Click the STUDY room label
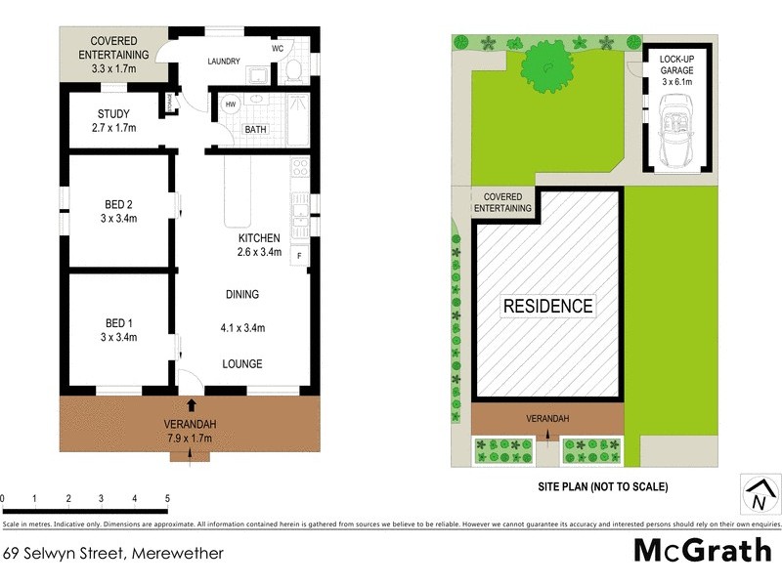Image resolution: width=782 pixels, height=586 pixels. click(113, 114)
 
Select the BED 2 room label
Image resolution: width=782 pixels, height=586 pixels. click(118, 204)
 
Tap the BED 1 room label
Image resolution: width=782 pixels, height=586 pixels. click(118, 322)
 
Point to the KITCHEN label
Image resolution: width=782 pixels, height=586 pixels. click(259, 238)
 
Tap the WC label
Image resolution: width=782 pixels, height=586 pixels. click(279, 49)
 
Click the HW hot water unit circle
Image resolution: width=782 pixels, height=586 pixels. click(231, 105)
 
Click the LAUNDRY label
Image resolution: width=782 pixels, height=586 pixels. click(224, 62)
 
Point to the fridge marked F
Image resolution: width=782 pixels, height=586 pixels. click(299, 256)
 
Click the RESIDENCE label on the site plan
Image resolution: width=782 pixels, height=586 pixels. click(547, 306)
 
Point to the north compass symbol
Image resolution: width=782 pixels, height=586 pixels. click(758, 495)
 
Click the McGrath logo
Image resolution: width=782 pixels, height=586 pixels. click(702, 551)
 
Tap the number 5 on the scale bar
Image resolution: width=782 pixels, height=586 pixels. click(168, 498)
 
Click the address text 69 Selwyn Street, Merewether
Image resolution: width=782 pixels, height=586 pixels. click(113, 553)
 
